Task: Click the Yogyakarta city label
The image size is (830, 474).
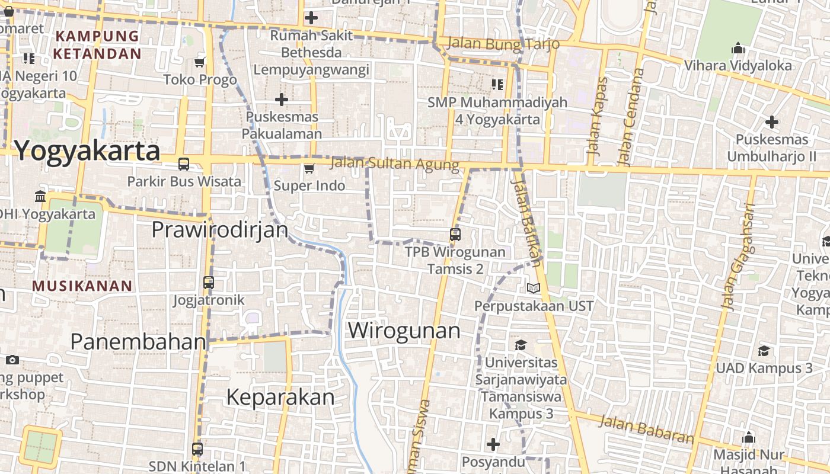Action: (x=87, y=151)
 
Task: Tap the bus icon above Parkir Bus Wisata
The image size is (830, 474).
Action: (x=184, y=164)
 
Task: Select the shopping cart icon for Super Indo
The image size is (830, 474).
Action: (x=309, y=169)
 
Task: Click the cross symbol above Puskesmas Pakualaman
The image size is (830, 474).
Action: (x=282, y=100)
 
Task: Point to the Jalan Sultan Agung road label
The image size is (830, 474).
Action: (x=394, y=164)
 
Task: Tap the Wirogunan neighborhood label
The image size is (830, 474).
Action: (x=404, y=330)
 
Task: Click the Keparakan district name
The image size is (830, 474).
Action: (x=280, y=397)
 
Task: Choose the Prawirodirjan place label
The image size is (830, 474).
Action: (x=220, y=229)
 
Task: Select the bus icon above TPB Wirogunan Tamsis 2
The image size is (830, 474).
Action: (x=455, y=235)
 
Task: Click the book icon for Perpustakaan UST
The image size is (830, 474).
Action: (x=534, y=289)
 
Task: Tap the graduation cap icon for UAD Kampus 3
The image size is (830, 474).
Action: (x=764, y=351)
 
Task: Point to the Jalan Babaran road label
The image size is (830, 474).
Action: (x=646, y=430)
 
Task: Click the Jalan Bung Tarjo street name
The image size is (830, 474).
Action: (x=503, y=44)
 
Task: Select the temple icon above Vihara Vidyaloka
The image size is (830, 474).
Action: (x=738, y=47)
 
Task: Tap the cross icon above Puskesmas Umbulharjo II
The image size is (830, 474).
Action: (x=771, y=122)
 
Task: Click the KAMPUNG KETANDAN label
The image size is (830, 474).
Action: (x=98, y=45)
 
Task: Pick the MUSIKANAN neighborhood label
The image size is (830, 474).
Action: (x=82, y=286)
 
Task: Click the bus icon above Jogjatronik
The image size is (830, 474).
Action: (x=209, y=283)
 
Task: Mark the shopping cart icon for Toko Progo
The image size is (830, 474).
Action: (x=200, y=62)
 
